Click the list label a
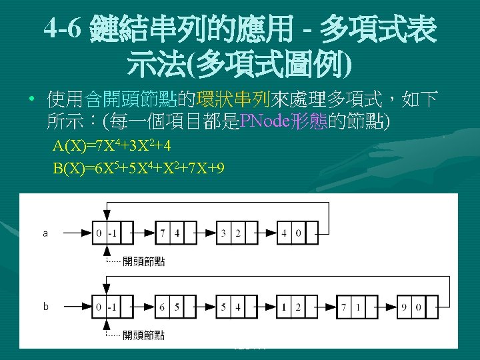pos(45,233)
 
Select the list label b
pos(45,307)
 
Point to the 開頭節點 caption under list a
pos(143,261)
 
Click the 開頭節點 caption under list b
pos(143,335)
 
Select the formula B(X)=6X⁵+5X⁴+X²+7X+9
pos(139,168)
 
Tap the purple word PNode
pos(263,121)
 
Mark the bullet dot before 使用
pos(31,101)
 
